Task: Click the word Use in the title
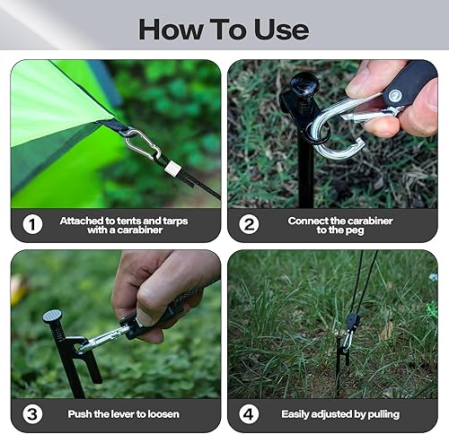(x=281, y=30)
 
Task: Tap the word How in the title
(x=171, y=30)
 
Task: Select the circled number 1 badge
(x=32, y=224)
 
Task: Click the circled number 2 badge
(x=249, y=224)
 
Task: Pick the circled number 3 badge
(x=32, y=414)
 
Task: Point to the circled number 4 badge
(x=249, y=414)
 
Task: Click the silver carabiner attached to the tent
(x=143, y=144)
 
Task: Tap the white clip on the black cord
(x=172, y=169)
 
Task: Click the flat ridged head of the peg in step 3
(x=52, y=317)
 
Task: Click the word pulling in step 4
(x=383, y=415)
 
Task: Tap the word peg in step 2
(x=355, y=230)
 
